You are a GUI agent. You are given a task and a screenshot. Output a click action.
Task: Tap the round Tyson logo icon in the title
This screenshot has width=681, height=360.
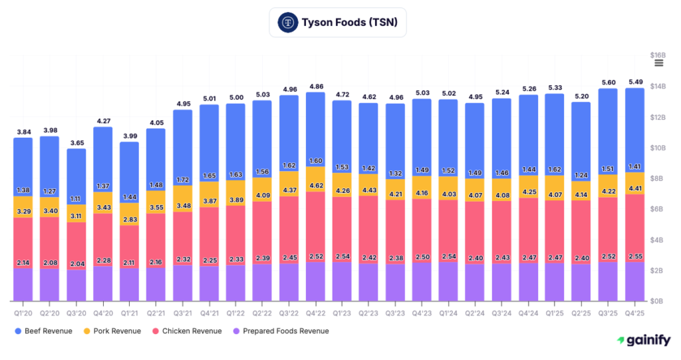[287, 22]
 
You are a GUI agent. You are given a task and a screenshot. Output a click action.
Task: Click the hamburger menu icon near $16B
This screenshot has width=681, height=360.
[658, 63]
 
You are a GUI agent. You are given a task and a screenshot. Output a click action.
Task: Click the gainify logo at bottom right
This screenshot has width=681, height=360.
[642, 340]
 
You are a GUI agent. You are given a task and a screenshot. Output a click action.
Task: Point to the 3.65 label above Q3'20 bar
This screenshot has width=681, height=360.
[76, 142]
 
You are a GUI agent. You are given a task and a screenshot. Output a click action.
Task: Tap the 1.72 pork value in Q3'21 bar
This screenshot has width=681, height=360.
[182, 180]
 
